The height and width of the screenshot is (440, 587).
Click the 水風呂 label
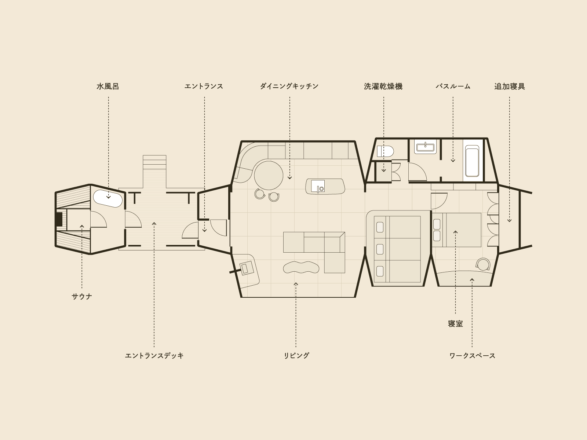point(108,86)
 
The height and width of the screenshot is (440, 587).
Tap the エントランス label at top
point(204,86)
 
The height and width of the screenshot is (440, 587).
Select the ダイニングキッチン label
point(289,86)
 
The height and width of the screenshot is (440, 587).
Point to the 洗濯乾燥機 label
point(383,86)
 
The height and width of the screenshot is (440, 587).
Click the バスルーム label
point(453,86)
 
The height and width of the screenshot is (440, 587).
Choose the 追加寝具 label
point(510,86)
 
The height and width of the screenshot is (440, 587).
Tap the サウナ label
point(82,296)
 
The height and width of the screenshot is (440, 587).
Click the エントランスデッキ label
point(154,356)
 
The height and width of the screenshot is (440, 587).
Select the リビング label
point(296,356)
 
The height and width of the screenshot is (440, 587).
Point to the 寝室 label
point(455,324)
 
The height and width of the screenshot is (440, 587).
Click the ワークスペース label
point(473,356)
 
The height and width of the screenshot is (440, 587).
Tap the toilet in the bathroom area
point(385,151)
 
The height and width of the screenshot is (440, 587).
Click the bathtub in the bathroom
point(472,161)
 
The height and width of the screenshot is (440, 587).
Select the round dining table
point(269,175)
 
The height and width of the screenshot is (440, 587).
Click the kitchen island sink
point(318,186)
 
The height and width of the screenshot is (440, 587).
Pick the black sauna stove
point(59,219)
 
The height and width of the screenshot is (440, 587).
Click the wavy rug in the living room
point(301,267)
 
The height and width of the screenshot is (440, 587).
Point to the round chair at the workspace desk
point(483,264)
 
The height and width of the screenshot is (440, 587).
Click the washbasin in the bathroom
point(425,147)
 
